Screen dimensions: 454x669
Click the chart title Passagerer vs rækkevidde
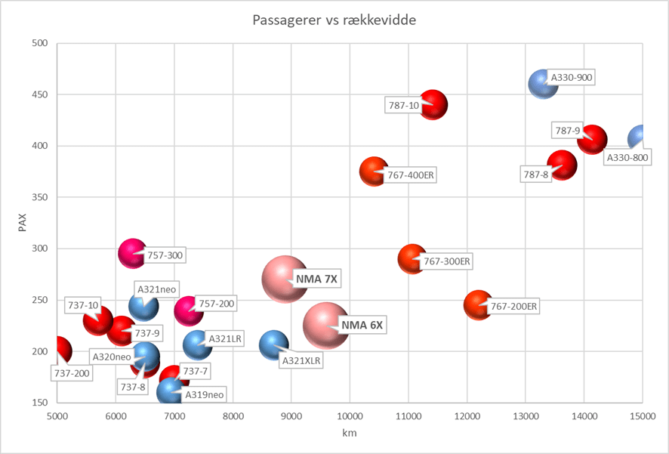334,20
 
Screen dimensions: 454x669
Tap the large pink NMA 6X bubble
326,325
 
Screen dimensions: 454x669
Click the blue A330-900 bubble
543,84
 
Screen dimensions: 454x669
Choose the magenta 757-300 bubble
132,253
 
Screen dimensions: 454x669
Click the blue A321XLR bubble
273,345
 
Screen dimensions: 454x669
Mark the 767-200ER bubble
478,305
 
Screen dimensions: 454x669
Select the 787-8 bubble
562,165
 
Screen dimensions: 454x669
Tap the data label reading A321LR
225,339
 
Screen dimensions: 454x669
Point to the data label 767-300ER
447,261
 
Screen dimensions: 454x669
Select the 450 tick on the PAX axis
39,94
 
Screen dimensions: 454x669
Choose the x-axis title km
350,434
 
